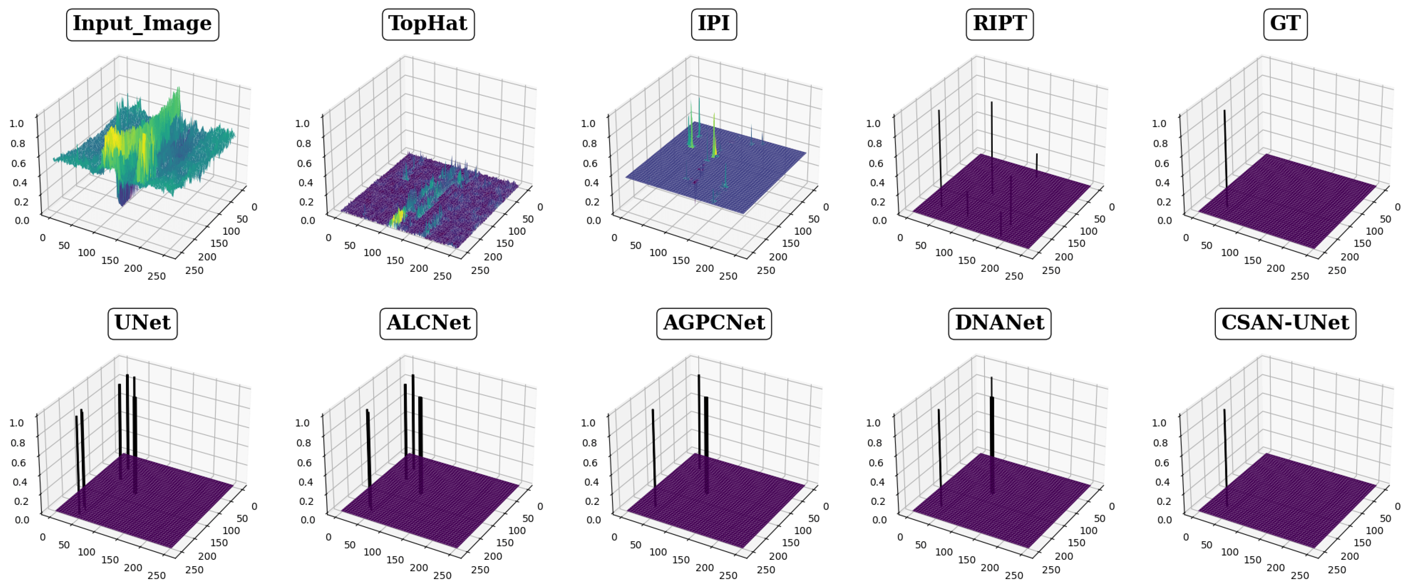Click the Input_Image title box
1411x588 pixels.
(x=142, y=24)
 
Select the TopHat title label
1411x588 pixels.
(x=428, y=24)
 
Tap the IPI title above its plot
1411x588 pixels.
(x=714, y=24)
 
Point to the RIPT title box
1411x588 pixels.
(x=999, y=24)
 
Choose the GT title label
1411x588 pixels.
(x=1285, y=24)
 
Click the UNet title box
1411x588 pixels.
(x=142, y=323)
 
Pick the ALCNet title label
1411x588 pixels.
(x=428, y=323)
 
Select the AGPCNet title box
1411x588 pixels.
(x=714, y=323)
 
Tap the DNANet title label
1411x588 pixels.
(x=999, y=323)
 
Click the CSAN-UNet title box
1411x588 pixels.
(x=1285, y=323)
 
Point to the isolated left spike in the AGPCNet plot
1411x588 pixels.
(x=653, y=455)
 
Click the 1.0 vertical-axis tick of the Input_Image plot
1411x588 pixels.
(x=17, y=123)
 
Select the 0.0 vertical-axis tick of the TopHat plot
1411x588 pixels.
(x=308, y=220)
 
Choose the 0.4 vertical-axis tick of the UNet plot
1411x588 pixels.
(x=20, y=482)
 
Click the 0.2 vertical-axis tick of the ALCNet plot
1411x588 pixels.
(x=306, y=501)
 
